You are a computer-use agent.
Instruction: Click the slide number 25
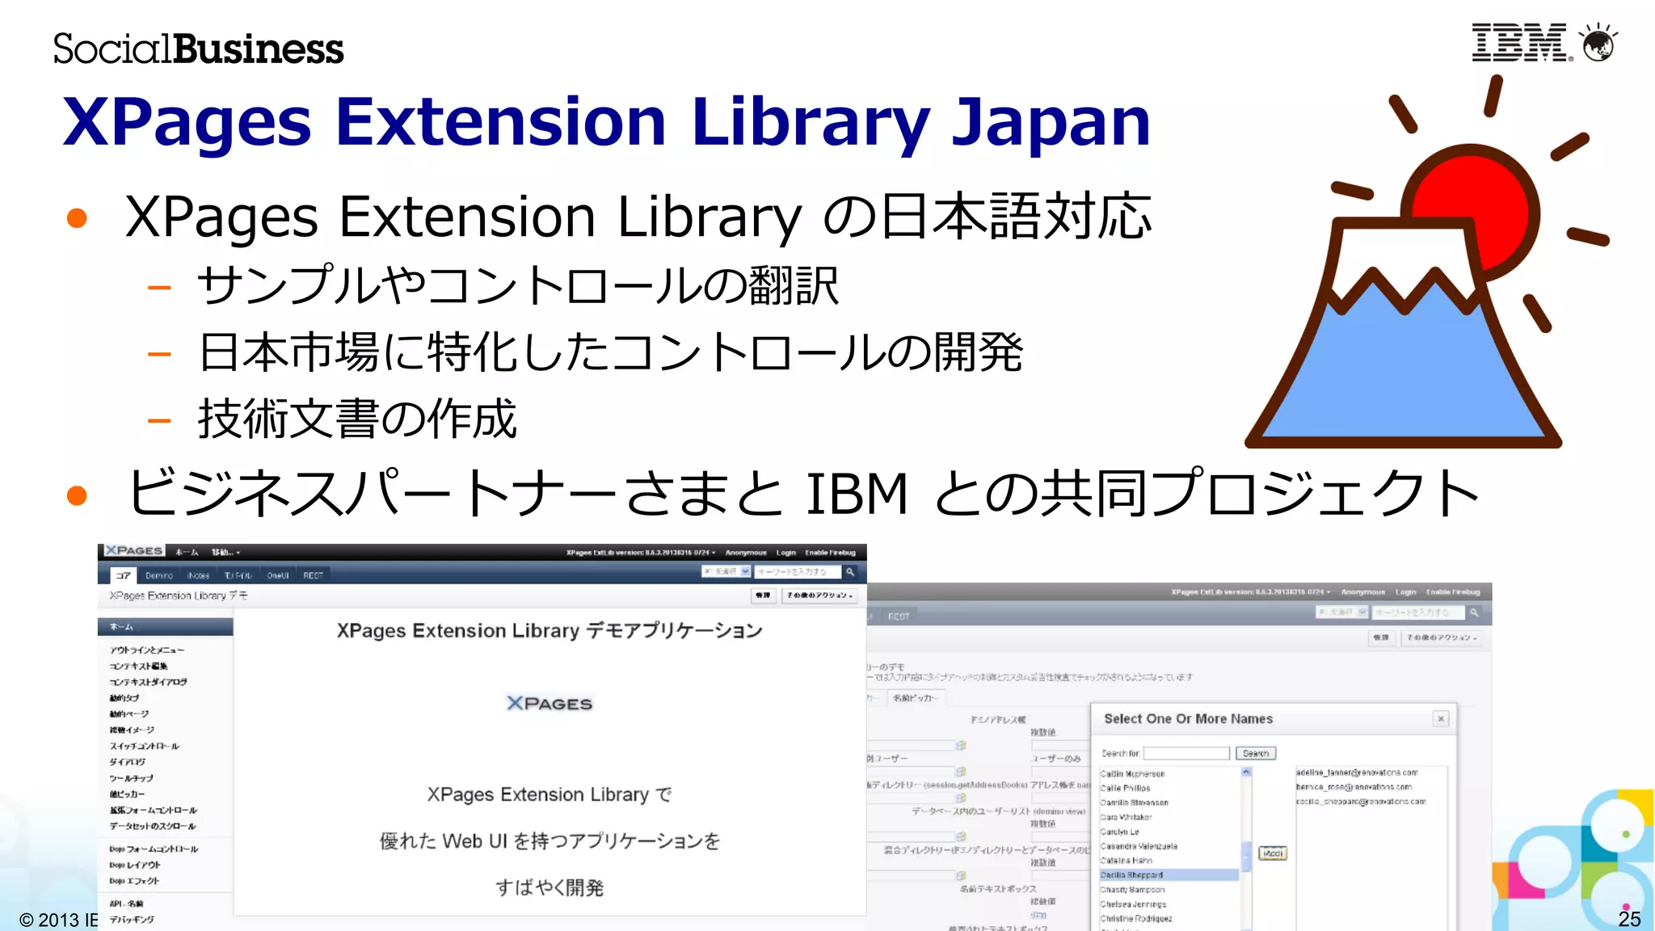[1629, 919]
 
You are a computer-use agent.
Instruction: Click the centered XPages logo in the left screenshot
[550, 704]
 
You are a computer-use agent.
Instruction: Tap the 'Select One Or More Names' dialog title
[1188, 718]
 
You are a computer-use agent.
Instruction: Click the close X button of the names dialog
[1441, 718]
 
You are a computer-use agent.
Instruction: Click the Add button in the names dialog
[1273, 853]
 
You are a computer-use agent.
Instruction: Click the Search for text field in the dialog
[1185, 753]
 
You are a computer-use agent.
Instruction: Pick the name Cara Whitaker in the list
[1126, 817]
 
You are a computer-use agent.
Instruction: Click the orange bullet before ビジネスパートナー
[77, 495]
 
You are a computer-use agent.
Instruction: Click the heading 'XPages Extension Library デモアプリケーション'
[550, 630]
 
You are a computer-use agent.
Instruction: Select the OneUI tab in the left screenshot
[278, 575]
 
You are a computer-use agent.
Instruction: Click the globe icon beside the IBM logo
[1598, 43]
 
